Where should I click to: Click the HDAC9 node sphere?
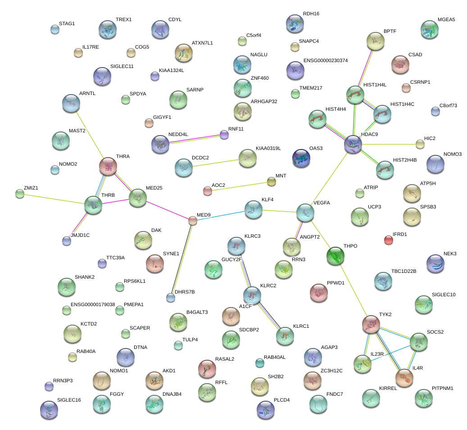tap(353, 144)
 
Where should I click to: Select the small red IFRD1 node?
tap(388, 240)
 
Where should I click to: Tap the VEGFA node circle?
tap(305, 213)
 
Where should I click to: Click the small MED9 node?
tap(193, 221)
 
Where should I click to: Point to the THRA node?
tap(108, 167)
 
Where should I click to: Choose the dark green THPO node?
tap(335, 256)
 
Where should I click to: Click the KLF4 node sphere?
tap(254, 209)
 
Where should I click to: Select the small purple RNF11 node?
tap(224, 134)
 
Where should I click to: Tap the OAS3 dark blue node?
tap(301, 158)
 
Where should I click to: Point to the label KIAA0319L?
tap(268, 148)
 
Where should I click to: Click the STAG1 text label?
tap(67, 23)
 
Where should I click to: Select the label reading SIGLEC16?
tap(69, 400)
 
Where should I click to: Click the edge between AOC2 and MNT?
tap(239, 186)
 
